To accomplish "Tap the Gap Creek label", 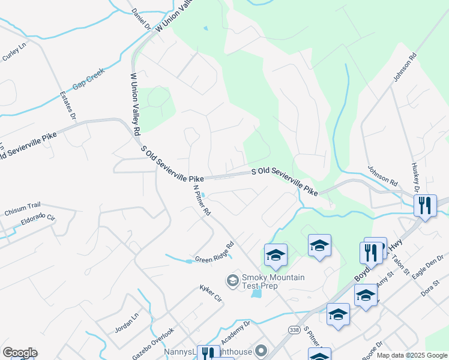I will (88, 79).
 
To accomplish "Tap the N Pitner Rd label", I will (202, 200).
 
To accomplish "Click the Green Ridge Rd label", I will (214, 253).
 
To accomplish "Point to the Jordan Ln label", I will (126, 322).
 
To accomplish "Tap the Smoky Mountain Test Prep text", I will (273, 281).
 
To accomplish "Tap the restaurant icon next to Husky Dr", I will (425, 206).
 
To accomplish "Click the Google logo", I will (19, 353).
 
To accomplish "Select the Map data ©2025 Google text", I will (412, 355).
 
